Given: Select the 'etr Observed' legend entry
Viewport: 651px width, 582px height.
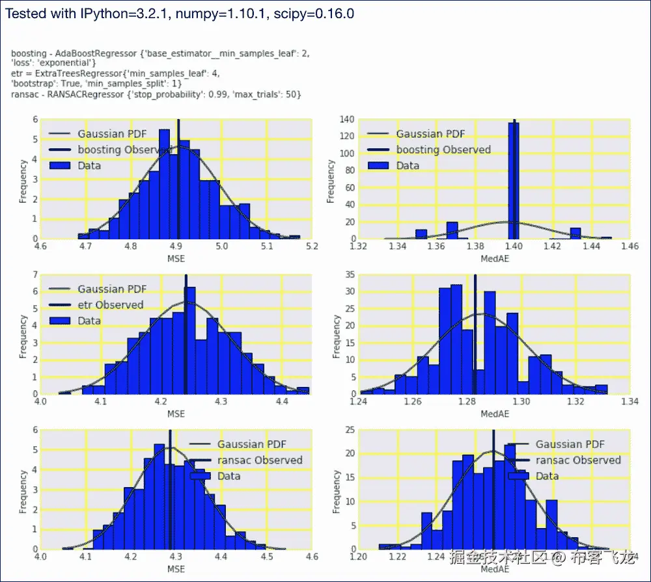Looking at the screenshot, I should click(110, 305).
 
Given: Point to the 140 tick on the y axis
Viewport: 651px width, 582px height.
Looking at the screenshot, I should click(348, 120).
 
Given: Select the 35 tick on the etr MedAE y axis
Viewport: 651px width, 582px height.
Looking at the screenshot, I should click(350, 275).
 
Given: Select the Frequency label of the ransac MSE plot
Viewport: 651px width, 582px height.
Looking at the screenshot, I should click(23, 493).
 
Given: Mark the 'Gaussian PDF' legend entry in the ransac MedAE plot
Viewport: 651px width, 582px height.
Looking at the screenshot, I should click(570, 445).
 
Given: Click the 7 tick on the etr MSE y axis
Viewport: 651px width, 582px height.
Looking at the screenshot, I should click(35, 275).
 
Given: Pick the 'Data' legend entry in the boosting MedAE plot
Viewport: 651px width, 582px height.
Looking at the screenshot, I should click(408, 166).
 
